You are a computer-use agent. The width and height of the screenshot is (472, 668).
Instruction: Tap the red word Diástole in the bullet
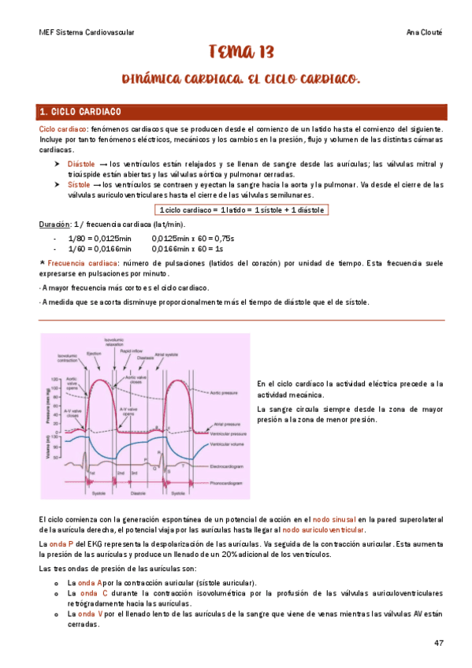tap(82, 164)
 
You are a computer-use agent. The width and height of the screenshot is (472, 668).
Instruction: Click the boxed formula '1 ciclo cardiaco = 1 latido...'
tap(241, 210)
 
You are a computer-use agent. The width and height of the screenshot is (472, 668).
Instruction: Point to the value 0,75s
tap(225, 238)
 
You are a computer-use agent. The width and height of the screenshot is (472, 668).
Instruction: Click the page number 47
tap(439, 643)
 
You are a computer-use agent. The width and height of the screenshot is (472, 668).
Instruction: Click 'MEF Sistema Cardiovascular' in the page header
tap(86, 32)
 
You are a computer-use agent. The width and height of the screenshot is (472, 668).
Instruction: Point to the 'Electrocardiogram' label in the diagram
tap(230, 466)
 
